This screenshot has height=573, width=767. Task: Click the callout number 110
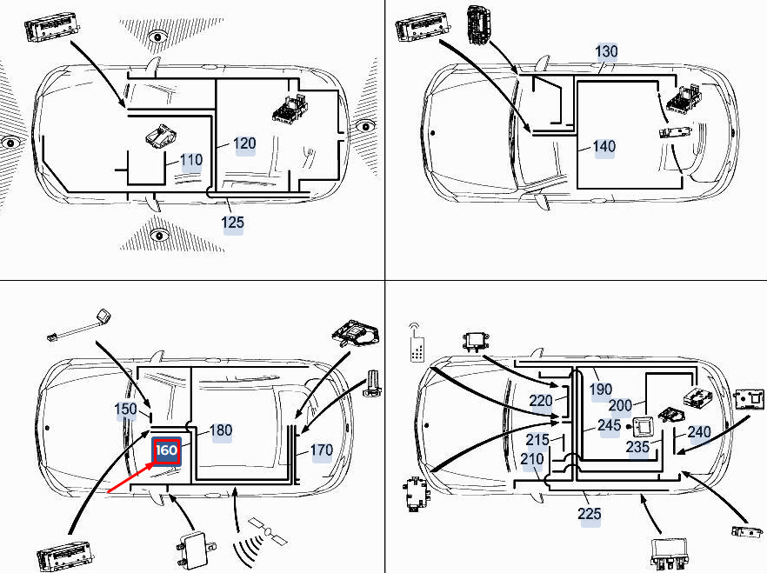191,160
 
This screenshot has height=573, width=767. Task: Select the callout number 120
244,143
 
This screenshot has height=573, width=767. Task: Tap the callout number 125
232,223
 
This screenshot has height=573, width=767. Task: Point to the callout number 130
606,51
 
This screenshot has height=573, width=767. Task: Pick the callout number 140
604,146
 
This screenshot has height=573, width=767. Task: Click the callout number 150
126,409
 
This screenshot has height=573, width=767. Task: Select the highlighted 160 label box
167,450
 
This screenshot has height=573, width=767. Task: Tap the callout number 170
322,450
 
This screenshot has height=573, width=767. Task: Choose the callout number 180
221,430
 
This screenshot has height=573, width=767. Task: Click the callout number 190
601,390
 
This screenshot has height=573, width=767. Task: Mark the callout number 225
589,513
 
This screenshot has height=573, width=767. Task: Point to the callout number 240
699,431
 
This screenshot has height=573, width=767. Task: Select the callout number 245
609,425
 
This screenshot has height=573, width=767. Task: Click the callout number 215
537,439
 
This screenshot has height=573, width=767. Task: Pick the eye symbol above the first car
157,37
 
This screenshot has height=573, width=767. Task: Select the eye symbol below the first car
159,235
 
